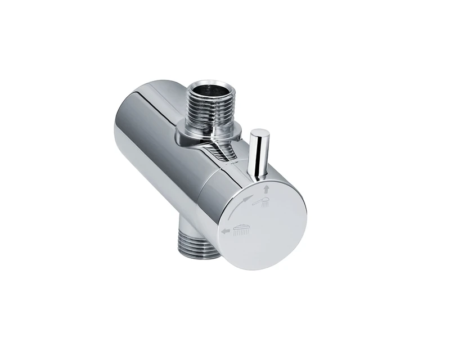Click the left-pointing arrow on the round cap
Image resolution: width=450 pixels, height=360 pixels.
click(x=224, y=231)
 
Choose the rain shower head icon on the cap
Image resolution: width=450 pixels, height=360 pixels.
click(x=242, y=228)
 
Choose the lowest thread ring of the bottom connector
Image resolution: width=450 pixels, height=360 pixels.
click(x=198, y=256)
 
